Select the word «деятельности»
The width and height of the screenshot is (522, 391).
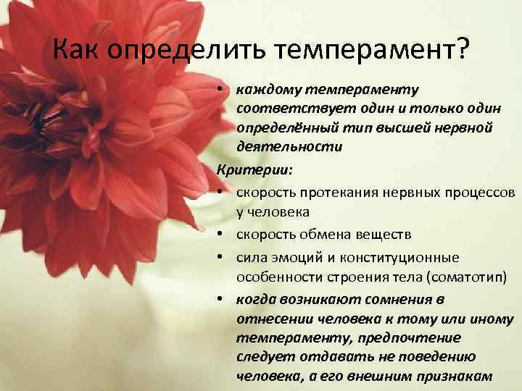pos(279,146)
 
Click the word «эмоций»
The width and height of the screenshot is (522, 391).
pos(289,258)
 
